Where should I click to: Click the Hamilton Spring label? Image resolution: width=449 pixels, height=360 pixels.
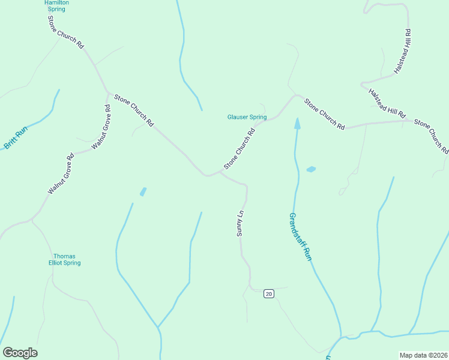tap(56, 6)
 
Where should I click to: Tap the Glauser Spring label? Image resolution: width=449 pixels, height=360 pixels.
tap(247, 117)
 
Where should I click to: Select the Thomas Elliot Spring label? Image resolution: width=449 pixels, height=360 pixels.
tap(64, 259)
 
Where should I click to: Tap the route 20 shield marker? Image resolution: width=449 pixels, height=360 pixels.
tap(268, 293)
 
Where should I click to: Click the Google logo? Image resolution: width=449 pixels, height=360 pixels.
tap(20, 353)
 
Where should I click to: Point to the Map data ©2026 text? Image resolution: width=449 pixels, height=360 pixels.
tap(423, 355)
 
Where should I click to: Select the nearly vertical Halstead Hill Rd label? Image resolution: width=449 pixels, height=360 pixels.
tap(402, 52)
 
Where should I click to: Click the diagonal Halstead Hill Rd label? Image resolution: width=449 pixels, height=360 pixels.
tap(387, 103)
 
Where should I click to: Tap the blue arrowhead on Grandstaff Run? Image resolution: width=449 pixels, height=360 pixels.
tap(297, 123)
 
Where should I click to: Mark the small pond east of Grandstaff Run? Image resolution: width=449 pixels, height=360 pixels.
tap(311, 170)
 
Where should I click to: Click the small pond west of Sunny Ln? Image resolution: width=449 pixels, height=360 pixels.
tap(143, 192)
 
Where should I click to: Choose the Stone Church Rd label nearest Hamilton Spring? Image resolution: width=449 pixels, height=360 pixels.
tap(66, 32)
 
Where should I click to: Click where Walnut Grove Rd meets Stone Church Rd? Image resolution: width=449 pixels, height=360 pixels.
tap(109, 92)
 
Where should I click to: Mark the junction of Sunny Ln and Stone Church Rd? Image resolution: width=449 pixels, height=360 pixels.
tap(221, 174)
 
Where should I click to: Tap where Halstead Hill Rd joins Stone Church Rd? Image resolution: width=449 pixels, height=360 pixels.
tap(413, 121)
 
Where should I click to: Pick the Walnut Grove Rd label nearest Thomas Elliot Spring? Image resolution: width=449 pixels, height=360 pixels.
tap(60, 175)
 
